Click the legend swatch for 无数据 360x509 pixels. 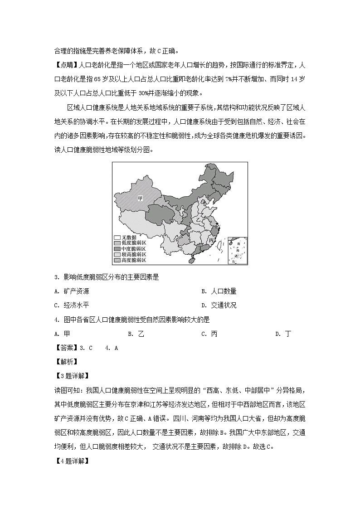pos(117,237)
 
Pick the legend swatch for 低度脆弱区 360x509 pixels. pos(117,243)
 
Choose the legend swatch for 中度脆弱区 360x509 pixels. pos(117,248)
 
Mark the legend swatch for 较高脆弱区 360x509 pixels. pos(117,254)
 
